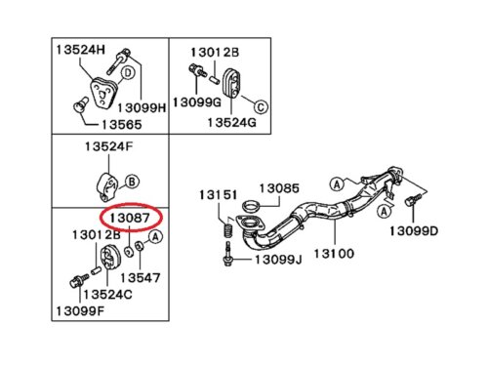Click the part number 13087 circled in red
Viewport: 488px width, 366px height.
[x=130, y=218]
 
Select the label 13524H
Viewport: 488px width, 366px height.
[x=81, y=50]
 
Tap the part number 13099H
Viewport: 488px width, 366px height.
[x=142, y=108]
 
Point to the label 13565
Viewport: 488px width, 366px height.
[x=122, y=125]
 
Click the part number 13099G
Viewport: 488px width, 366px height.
[x=197, y=102]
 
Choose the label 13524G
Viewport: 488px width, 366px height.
[x=231, y=122]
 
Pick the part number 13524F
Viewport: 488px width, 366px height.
[x=108, y=146]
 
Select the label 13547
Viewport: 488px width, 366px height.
[x=141, y=278]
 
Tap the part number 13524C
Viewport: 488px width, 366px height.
[x=107, y=295]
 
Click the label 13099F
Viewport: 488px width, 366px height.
[x=80, y=311]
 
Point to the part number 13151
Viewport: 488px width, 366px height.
[x=218, y=195]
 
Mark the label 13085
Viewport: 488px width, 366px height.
[x=279, y=188]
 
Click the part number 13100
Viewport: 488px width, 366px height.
[x=334, y=253]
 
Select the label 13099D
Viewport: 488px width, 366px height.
[x=414, y=231]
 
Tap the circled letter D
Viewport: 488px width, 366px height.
[x=128, y=72]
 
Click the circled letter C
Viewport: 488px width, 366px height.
[x=261, y=106]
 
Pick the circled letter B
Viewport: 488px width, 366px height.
[x=132, y=182]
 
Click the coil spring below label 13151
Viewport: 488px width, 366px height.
[x=228, y=229]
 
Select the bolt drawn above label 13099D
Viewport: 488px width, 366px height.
[x=413, y=199]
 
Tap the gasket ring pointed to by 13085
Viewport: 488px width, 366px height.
[x=252, y=206]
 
